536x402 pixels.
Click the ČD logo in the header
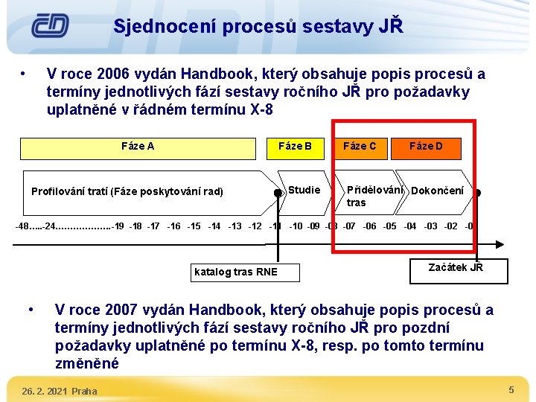pos(50,26)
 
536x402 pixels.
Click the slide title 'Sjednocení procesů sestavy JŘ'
pos(258,27)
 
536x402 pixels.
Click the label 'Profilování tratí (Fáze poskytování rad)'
pos(127,191)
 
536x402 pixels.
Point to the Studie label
pos(304,190)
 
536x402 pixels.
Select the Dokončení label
pos(438,191)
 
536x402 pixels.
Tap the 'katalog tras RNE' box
pos(235,272)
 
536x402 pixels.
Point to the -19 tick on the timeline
pos(118,226)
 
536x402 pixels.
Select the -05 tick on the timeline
pos(389,226)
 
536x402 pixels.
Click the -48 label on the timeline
pos(25,226)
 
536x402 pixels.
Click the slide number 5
pos(511,390)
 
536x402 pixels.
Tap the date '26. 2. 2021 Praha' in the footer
pos(59,391)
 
